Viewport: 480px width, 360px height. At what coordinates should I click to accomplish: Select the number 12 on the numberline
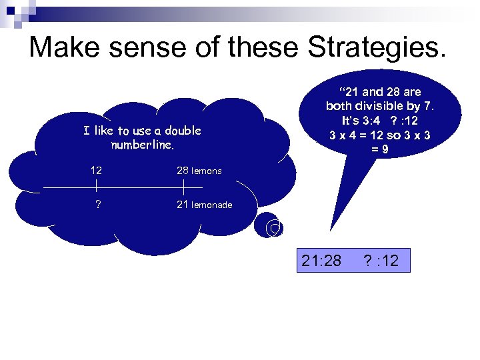coord(97,171)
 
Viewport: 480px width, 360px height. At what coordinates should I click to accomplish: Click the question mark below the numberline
coord(98,205)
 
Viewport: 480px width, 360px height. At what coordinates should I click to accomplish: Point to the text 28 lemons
coord(199,171)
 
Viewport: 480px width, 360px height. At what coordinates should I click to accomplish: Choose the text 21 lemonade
coord(204,205)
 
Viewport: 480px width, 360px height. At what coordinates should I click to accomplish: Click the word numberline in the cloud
coord(142,144)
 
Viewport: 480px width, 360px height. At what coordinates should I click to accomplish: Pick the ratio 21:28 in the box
coord(321,261)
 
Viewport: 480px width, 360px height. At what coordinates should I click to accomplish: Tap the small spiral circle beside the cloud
coord(273,229)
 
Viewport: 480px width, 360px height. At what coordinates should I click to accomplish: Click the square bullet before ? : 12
coord(354,261)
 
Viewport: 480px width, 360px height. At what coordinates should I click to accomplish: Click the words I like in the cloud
coord(99,131)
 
